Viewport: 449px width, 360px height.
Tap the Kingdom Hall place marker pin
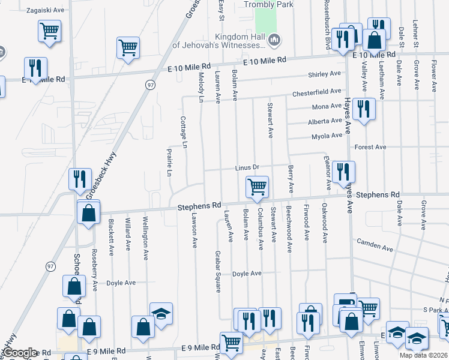(276, 40)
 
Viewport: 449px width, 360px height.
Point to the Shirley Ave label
(324, 74)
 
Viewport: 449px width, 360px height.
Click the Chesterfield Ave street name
(317, 92)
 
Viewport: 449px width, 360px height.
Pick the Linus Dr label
(246, 167)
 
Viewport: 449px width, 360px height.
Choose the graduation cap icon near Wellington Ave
(161, 314)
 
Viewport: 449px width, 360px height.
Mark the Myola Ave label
(327, 137)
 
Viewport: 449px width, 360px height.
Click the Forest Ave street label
(370, 147)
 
